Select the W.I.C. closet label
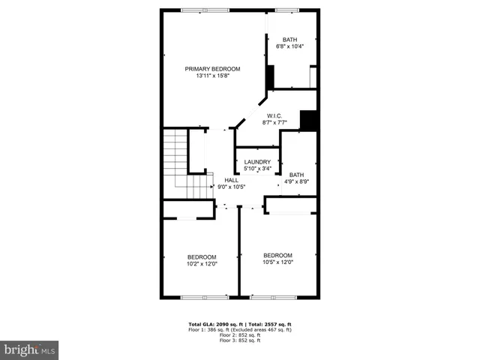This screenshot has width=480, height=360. [272, 115]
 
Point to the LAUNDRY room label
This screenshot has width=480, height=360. [257, 162]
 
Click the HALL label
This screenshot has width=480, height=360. [232, 180]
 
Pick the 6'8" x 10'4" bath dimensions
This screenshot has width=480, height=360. [289, 46]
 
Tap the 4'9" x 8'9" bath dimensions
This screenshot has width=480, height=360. [297, 181]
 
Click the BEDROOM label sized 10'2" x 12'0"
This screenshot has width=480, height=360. [202, 256]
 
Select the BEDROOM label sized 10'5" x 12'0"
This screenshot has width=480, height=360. [277, 255]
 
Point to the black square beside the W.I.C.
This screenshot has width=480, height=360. [308, 120]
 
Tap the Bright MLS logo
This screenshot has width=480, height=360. [29, 349]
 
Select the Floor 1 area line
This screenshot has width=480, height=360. [240, 330]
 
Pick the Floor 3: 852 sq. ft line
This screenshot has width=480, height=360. [240, 340]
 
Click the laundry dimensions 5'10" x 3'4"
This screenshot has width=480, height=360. [257, 169]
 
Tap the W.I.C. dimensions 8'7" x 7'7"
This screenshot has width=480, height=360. [274, 122]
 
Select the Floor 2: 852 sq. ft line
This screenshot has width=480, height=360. [240, 335]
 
